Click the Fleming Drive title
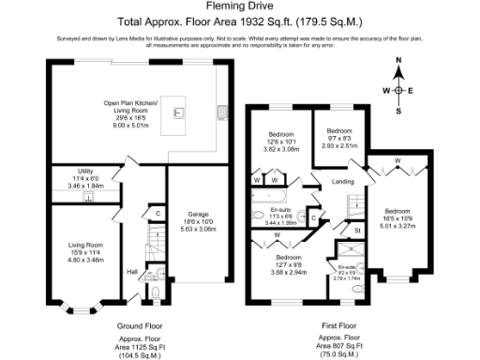239,7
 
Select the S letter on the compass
398,110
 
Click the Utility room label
85,172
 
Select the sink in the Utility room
87,198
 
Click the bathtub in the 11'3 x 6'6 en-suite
279,198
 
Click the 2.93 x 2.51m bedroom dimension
338,145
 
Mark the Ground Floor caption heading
118,324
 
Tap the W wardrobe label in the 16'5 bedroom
397,160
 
